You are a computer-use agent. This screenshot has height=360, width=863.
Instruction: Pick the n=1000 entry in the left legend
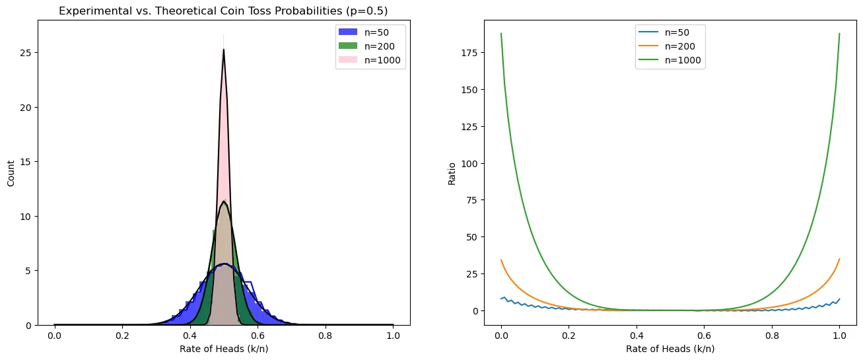[376, 59]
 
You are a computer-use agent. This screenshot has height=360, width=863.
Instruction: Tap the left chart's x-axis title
[224, 348]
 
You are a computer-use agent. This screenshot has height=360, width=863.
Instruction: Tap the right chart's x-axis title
[670, 348]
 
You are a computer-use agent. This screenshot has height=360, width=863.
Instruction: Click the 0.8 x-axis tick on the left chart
[326, 336]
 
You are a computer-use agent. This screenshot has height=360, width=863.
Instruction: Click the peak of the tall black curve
[224, 50]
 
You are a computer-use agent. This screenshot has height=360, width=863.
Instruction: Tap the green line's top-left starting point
[501, 34]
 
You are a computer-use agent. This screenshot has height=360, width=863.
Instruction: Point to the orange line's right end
[839, 259]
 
